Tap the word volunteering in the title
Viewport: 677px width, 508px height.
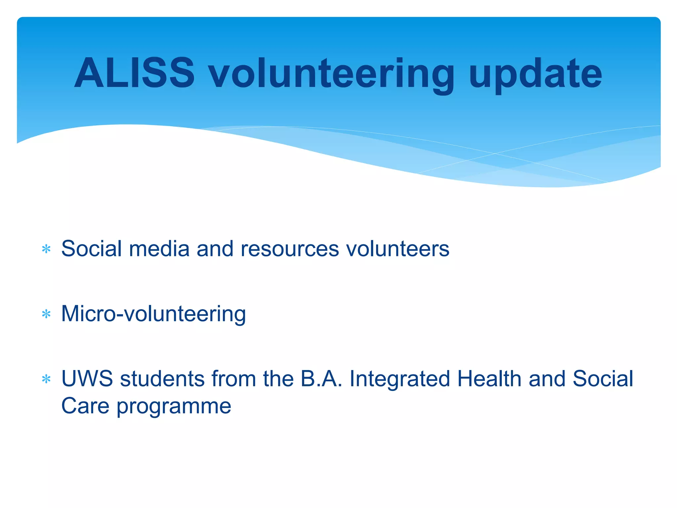[332, 74]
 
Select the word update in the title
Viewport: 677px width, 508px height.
[535, 74]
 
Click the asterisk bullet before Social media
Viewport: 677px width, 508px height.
[46, 249]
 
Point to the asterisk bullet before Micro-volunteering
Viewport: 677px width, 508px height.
[46, 314]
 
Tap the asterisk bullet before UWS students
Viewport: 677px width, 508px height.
[46, 379]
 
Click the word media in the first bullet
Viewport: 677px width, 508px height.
[159, 249]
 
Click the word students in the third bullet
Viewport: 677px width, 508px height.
[162, 379]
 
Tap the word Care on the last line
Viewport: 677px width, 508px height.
[85, 406]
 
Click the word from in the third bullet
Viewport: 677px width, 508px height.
[233, 379]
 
